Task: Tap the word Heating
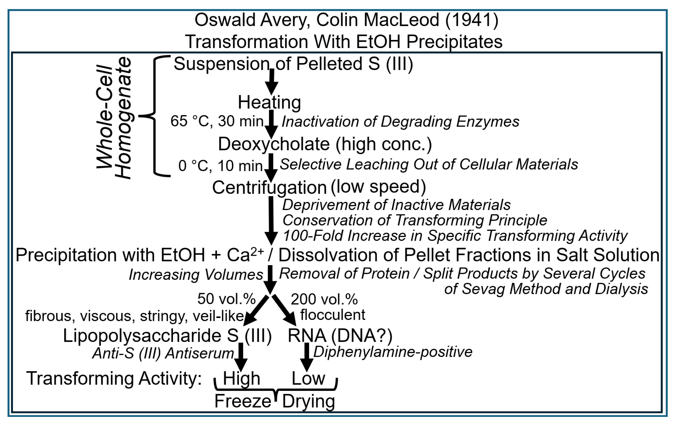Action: [x=269, y=103]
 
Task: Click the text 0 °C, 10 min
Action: [x=220, y=166]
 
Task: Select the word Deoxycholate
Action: [x=274, y=144]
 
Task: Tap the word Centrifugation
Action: [x=269, y=187]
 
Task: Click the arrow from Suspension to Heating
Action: [x=271, y=82]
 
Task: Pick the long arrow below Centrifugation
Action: [x=271, y=220]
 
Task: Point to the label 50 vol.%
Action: [x=226, y=299]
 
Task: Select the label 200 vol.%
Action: [x=324, y=299]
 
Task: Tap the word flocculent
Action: [x=332, y=315]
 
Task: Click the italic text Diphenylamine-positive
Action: [x=393, y=352]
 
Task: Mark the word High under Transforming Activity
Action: [x=241, y=378]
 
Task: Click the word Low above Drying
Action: [x=308, y=378]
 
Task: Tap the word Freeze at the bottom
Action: [x=242, y=402]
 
